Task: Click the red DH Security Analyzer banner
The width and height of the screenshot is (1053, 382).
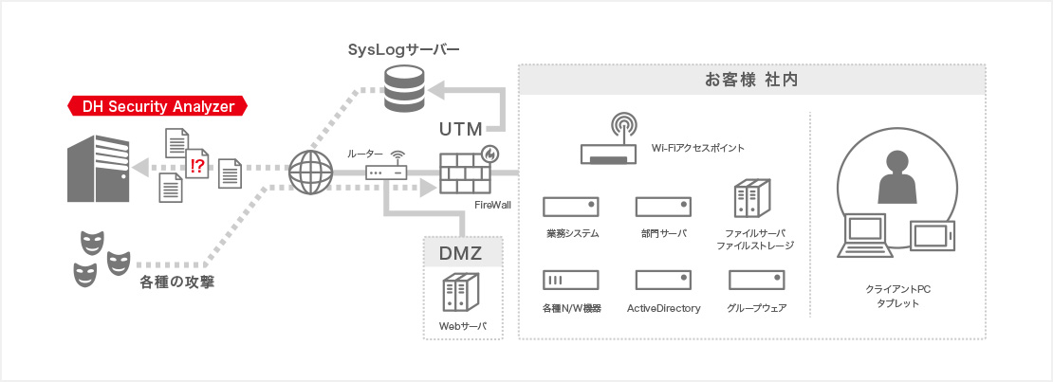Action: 157,106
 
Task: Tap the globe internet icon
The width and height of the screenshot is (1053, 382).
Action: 310,173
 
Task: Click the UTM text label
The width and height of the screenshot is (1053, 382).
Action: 461,128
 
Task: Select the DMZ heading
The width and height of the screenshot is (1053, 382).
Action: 461,253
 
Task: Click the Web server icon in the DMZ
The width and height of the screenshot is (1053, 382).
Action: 461,294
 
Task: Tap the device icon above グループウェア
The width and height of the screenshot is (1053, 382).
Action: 756,280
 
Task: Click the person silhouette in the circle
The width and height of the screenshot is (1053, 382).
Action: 896,177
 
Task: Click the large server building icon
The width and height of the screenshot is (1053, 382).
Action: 99,169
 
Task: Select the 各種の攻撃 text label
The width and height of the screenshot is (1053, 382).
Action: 176,281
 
